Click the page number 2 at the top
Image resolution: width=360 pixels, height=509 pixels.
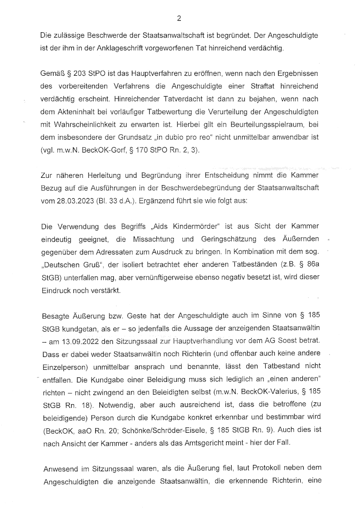point(180,19)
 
